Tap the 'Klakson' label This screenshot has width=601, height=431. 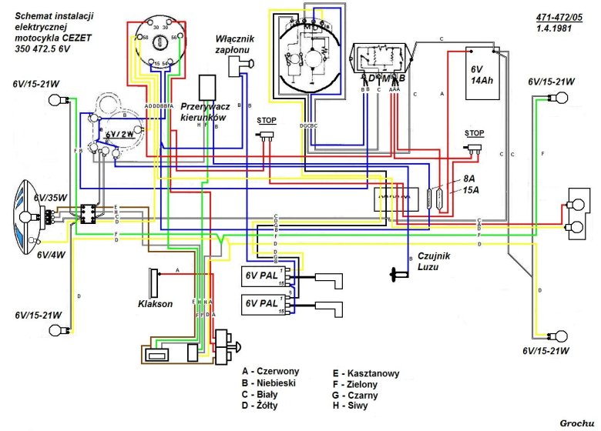point(156,304)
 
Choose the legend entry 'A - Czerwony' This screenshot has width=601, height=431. point(270,370)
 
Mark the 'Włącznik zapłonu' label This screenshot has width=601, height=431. point(234,43)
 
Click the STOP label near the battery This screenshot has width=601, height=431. point(475,133)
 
